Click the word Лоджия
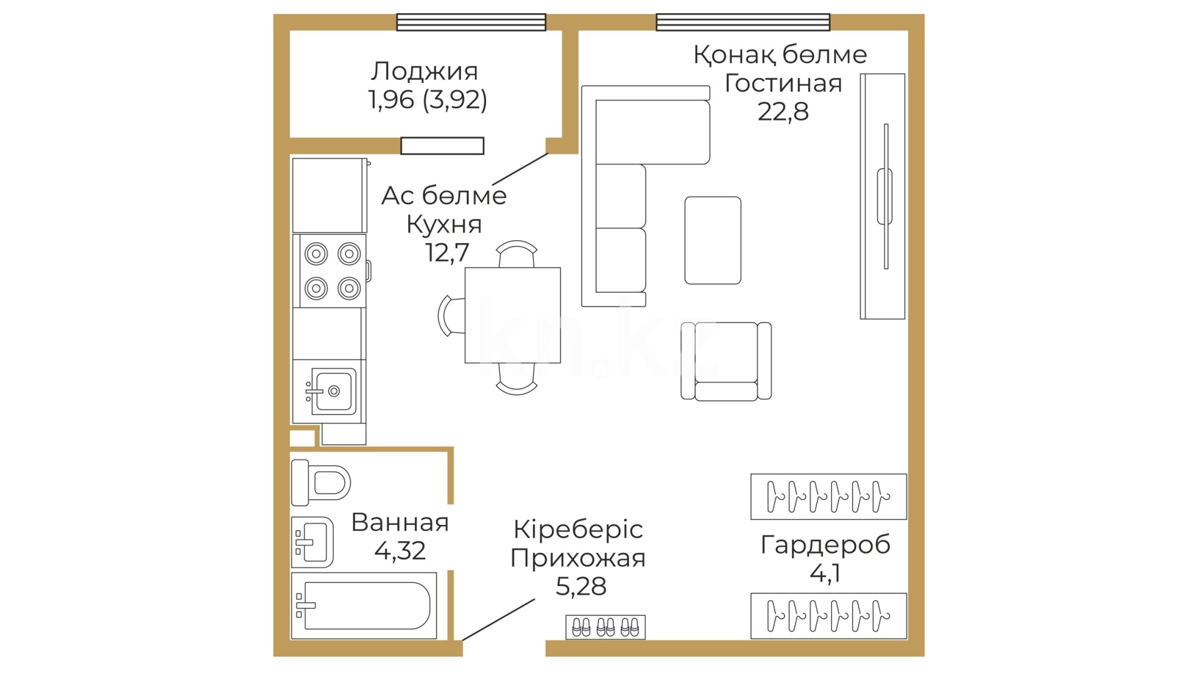(x=424, y=72)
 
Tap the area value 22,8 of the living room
(x=783, y=112)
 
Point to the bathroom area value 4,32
(x=400, y=550)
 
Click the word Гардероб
(x=825, y=545)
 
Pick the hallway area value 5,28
(x=581, y=586)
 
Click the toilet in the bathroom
(x=321, y=482)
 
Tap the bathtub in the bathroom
(x=364, y=605)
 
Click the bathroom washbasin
(x=313, y=542)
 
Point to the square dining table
(x=512, y=315)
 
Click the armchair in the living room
(x=726, y=361)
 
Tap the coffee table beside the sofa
(x=713, y=240)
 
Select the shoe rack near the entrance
(x=605, y=627)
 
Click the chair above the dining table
(x=517, y=254)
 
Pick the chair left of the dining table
(x=452, y=315)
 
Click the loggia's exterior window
(x=471, y=22)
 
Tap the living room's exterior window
(x=743, y=22)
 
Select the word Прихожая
(x=578, y=558)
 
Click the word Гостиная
(x=783, y=83)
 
